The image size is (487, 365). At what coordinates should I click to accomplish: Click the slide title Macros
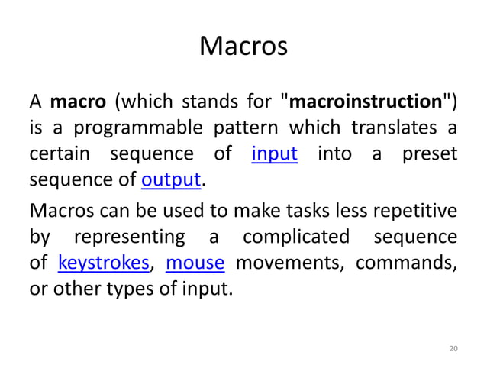(x=243, y=47)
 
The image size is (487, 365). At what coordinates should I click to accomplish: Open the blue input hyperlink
(x=275, y=154)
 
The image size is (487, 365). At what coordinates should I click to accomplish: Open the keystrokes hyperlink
(x=103, y=263)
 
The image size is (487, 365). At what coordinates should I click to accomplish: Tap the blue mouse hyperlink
(x=195, y=263)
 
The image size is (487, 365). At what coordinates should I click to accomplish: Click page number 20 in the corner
(x=453, y=349)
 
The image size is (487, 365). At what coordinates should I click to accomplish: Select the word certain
(x=60, y=154)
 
